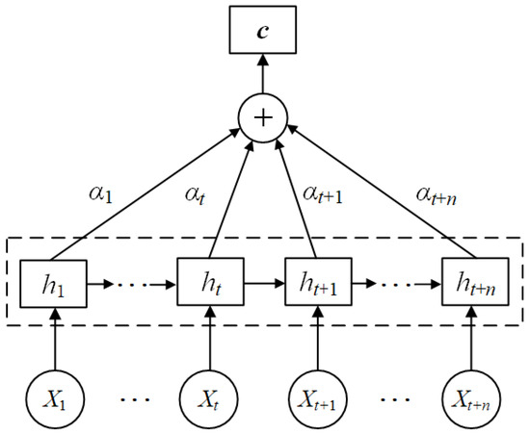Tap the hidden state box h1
coord(56,286)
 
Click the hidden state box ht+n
coord(473,286)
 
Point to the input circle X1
coord(56,395)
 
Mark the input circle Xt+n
coord(473,395)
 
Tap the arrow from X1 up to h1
coord(56,339)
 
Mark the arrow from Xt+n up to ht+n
coord(473,339)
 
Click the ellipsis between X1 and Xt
coord(131,396)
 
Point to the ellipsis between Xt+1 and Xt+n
coord(396,396)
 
